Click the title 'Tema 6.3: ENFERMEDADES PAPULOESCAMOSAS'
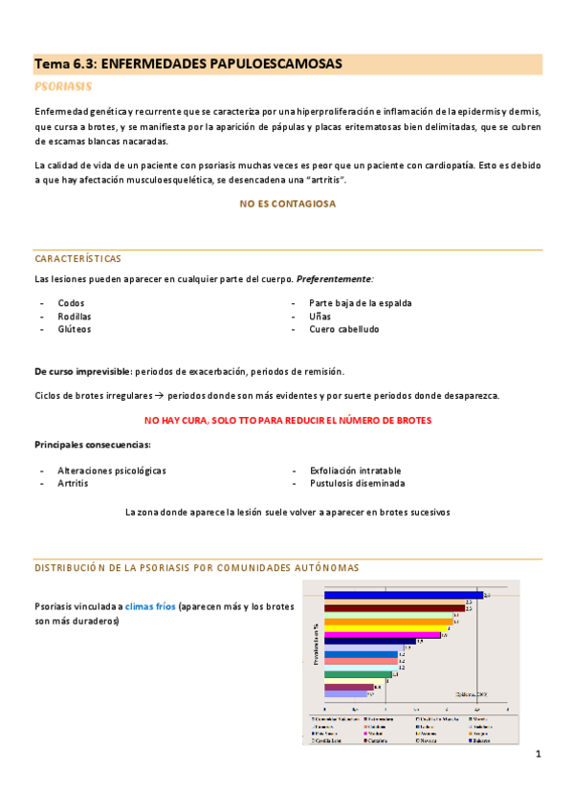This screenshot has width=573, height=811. (x=187, y=64)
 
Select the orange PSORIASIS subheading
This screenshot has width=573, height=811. (x=63, y=86)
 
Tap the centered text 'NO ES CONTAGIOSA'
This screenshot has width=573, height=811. (x=287, y=204)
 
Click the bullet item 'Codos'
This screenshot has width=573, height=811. (x=71, y=303)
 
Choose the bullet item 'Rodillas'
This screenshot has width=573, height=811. (x=75, y=316)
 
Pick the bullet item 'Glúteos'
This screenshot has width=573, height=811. (x=75, y=329)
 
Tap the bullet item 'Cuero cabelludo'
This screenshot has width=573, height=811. (x=343, y=329)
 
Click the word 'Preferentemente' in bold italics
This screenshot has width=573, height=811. (x=335, y=278)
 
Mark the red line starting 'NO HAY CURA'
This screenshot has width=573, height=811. (x=287, y=420)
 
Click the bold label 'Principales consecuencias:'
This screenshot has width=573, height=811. (x=92, y=445)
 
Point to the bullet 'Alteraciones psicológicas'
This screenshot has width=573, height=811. (x=111, y=471)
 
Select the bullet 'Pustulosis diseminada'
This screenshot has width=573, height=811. (x=357, y=484)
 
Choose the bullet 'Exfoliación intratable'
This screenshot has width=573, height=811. (x=355, y=471)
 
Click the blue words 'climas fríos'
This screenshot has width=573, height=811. (x=150, y=606)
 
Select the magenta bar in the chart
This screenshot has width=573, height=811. (x=383, y=634)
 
